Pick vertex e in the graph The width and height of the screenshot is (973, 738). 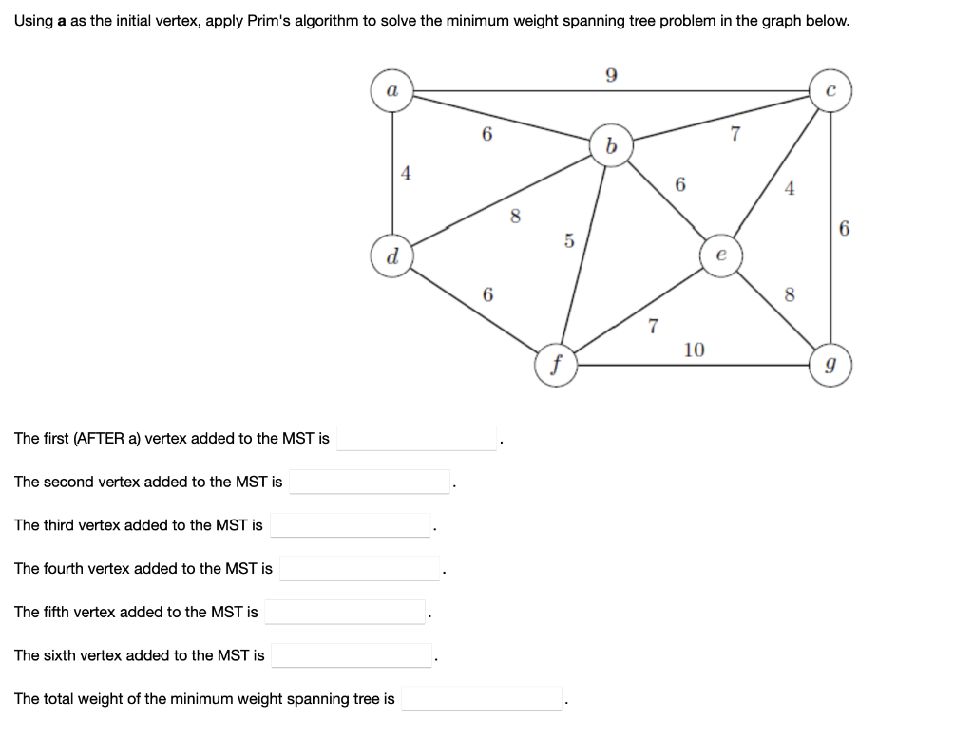tap(721, 256)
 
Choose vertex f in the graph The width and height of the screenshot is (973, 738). tap(557, 365)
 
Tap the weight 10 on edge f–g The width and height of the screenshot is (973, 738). tap(694, 350)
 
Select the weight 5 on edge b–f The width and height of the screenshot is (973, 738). tap(569, 241)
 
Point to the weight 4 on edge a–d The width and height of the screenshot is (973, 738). tap(408, 174)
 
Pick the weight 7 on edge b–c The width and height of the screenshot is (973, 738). tap(734, 134)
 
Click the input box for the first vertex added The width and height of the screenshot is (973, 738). tap(417, 438)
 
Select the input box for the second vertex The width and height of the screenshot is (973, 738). tap(371, 482)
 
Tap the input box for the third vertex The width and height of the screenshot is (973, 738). tap(351, 525)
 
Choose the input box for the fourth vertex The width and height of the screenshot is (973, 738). tap(360, 569)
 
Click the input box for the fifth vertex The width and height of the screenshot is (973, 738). tap(346, 612)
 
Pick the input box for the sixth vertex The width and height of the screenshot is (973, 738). tap(353, 655)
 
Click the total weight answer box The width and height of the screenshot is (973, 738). tap(483, 699)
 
